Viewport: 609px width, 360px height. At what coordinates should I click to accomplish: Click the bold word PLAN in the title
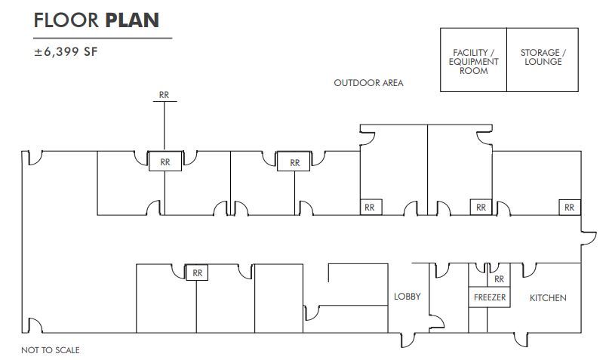132,20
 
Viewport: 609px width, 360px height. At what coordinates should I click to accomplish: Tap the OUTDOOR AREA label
368,83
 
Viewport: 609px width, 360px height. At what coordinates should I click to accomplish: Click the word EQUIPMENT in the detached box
474,61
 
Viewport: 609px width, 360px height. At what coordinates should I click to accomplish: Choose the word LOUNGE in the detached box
542,61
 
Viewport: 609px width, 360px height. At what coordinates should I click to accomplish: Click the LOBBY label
408,297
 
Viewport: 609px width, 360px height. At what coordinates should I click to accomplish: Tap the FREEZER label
489,297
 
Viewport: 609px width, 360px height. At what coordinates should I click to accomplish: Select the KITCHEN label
548,297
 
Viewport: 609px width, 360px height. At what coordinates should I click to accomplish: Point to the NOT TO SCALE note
51,350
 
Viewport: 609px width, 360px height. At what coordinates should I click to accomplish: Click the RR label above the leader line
165,95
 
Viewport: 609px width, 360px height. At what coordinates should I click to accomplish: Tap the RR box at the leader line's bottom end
165,161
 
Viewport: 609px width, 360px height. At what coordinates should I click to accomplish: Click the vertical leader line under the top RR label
165,125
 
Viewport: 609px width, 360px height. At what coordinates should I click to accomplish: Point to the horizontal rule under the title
103,38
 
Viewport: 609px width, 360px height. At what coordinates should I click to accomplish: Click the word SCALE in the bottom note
67,350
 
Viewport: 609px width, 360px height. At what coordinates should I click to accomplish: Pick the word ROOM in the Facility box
474,70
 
